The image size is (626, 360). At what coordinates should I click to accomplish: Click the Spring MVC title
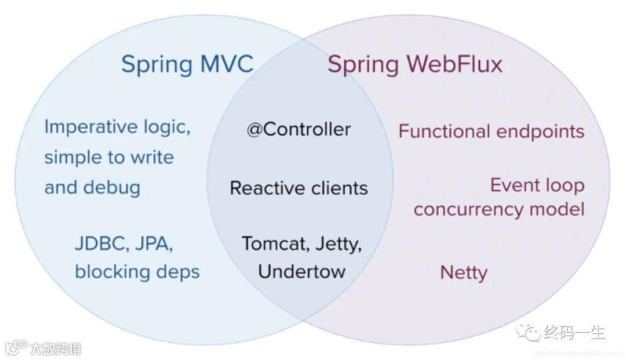187,64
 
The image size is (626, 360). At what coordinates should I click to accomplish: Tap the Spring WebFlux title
414,64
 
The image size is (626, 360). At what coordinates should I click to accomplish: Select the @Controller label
299,129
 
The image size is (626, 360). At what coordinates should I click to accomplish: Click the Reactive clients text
299,188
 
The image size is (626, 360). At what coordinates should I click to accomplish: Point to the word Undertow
301,271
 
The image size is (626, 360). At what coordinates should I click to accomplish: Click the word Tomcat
275,243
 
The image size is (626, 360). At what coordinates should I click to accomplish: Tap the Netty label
464,272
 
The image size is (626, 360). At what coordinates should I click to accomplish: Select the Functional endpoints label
491,131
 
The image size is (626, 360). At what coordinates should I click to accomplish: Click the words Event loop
537,186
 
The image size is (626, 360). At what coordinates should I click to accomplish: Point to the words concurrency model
498,209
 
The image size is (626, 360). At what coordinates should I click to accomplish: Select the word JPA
154,244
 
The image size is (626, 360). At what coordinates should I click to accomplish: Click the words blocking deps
137,271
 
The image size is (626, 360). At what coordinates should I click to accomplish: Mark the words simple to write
109,157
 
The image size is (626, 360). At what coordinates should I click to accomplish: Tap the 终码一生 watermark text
574,332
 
